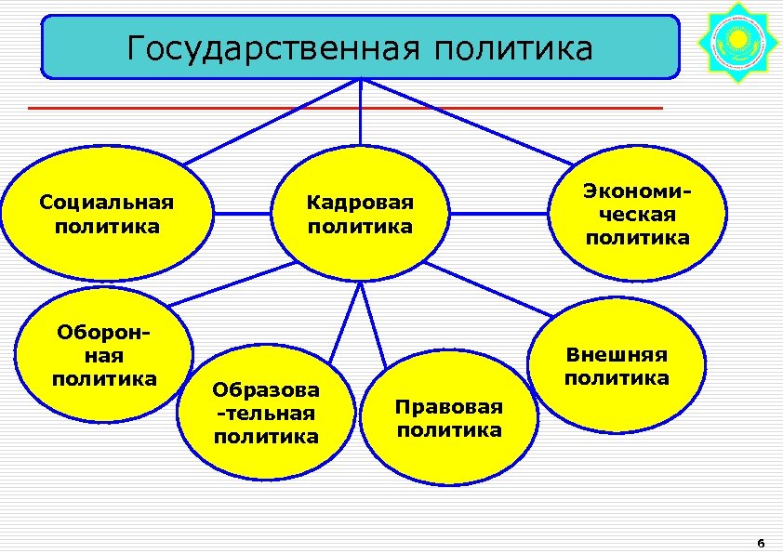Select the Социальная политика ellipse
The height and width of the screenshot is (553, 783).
[106, 214]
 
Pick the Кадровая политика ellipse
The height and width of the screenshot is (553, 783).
[360, 214]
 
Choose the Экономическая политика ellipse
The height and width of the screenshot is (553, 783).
[637, 214]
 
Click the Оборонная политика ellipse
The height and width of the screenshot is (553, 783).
[104, 356]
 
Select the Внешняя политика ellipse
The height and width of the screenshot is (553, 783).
[617, 366]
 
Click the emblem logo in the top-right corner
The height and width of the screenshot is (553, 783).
[737, 42]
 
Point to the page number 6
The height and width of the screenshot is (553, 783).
[760, 543]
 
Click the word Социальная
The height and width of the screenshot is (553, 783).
[106, 202]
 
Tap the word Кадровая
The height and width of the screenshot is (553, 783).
[360, 203]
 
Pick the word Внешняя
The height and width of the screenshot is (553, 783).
[617, 355]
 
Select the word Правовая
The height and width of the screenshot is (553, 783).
[448, 407]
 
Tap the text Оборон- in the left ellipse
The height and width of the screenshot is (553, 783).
[104, 332]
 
